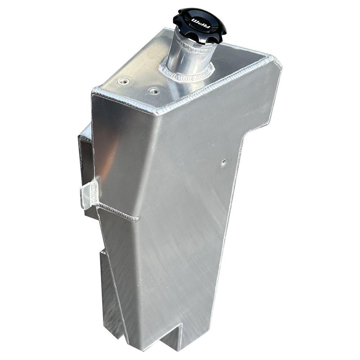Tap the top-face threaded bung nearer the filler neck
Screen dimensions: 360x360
tap(154, 91)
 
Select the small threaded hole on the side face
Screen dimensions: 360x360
tap(224, 163)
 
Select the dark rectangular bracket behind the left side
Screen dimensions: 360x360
tap(86, 155)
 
